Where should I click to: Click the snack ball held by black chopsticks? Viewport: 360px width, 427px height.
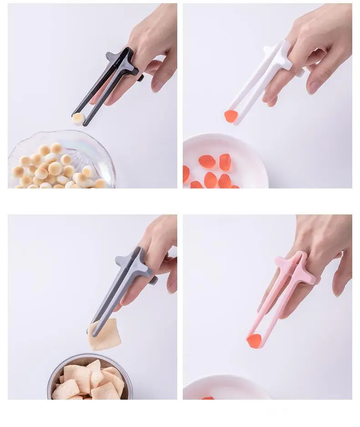pos(78,119)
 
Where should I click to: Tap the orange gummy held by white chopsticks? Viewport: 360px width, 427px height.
pos(231,116)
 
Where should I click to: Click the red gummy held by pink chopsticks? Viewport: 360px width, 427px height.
pos(254,341)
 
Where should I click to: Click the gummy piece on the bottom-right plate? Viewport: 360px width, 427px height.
pos(208,398)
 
